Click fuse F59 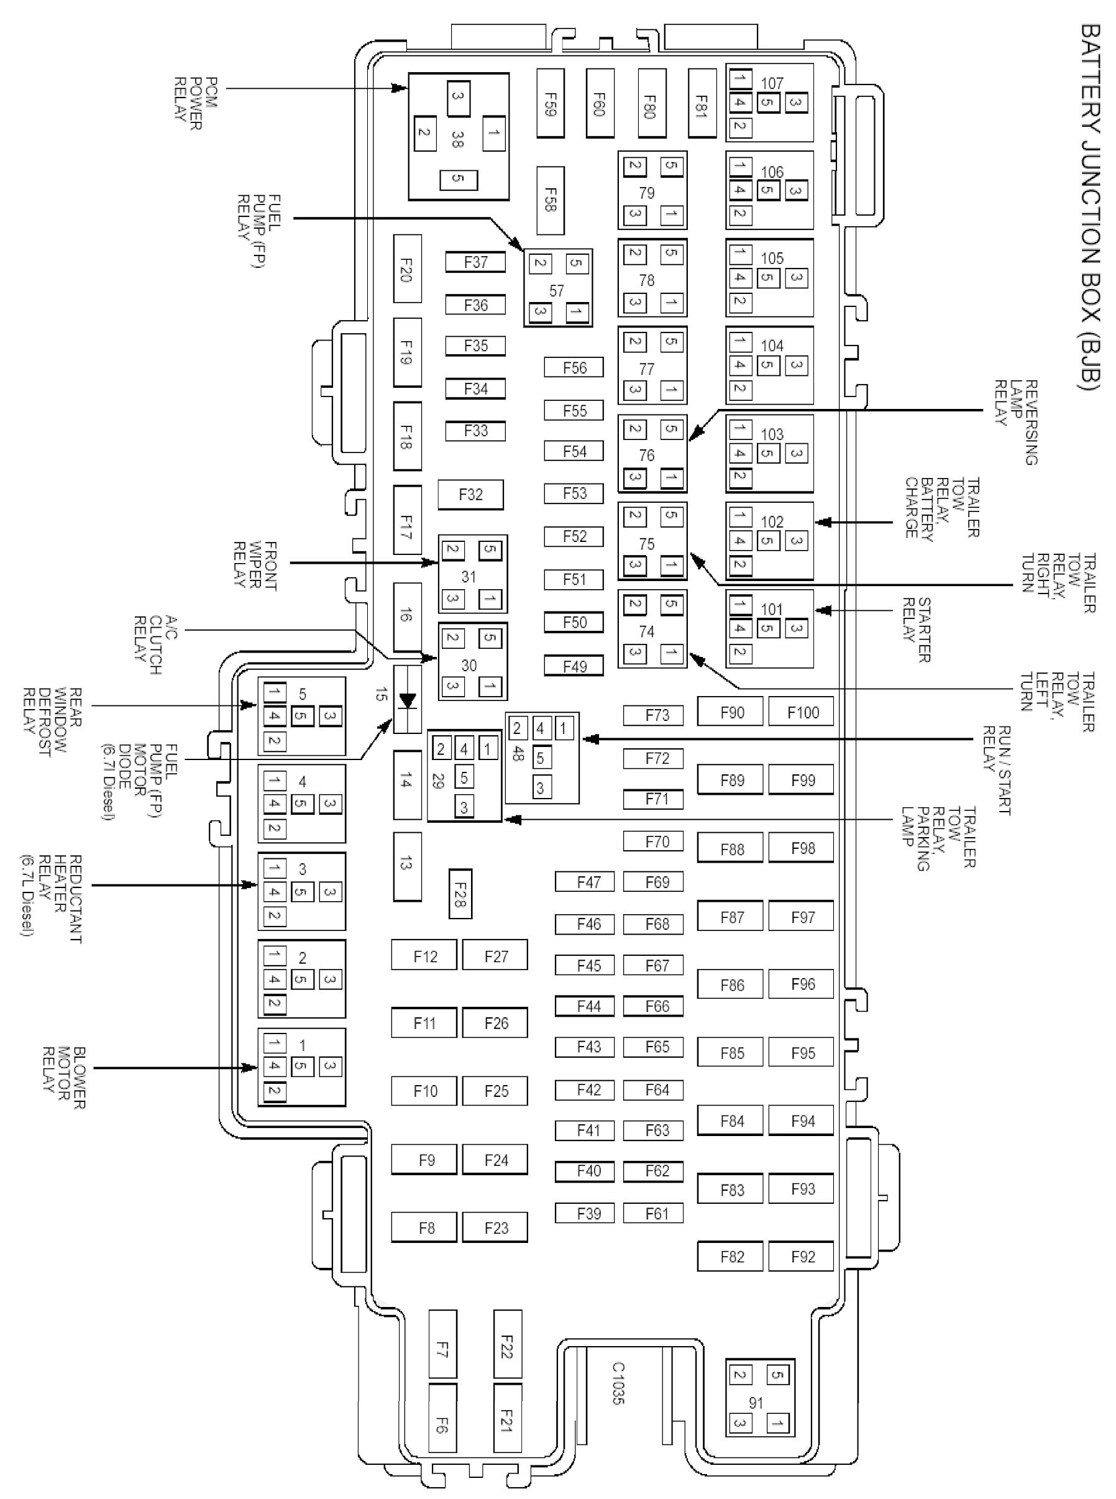click(550, 103)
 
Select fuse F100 click(802, 712)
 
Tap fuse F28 click(460, 894)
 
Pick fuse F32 click(470, 495)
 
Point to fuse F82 click(731, 1257)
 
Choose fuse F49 click(574, 667)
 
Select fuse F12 click(425, 956)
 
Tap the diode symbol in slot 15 click(406, 700)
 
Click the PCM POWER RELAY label click(188, 99)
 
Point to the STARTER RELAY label click(917, 630)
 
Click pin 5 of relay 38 click(458, 179)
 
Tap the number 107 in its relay click(772, 83)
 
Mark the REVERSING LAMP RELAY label click(1016, 422)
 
